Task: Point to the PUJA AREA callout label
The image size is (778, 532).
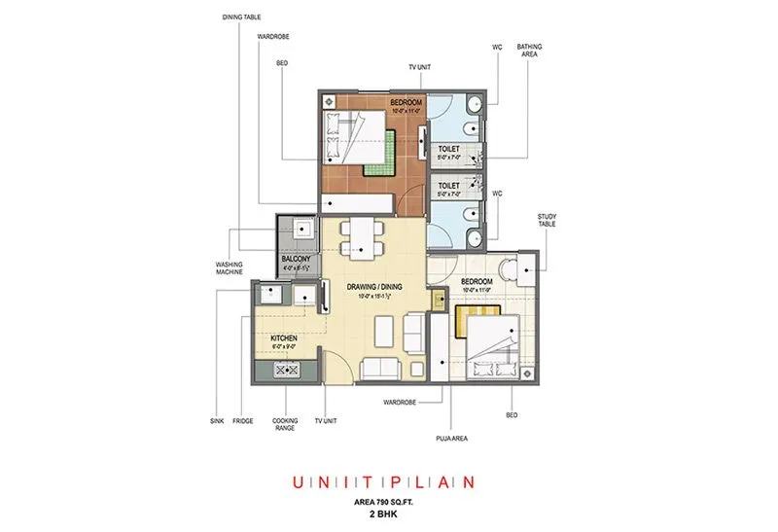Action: pyautogui.click(x=453, y=439)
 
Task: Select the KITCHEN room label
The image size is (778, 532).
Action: pyautogui.click(x=283, y=337)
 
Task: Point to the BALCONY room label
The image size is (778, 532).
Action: pyautogui.click(x=296, y=259)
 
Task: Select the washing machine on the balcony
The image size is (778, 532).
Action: pyautogui.click(x=302, y=231)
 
